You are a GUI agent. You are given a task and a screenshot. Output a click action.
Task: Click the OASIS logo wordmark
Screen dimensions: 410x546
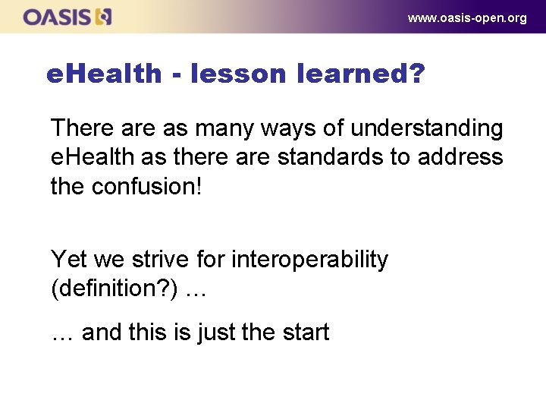point(58,17)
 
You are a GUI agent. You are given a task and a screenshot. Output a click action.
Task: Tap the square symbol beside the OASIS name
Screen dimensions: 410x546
point(105,17)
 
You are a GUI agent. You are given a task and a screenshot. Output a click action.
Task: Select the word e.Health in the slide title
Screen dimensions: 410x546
point(104,74)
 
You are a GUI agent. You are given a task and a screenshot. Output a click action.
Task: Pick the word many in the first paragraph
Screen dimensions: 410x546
point(221,128)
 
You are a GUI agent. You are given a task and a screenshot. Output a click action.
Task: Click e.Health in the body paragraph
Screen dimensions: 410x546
point(95,157)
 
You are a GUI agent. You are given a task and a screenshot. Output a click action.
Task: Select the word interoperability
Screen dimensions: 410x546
point(309,260)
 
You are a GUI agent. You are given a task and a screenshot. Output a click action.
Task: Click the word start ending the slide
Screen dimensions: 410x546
point(304,333)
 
